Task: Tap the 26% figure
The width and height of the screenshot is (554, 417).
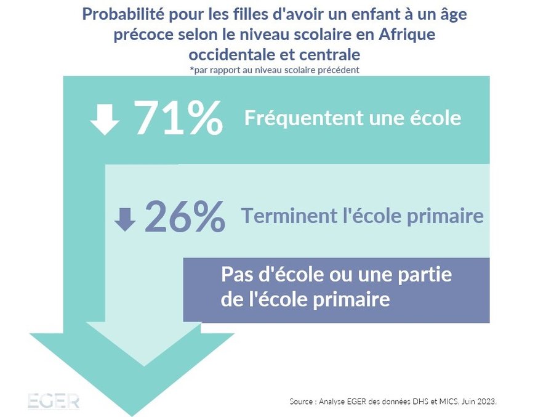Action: point(185,217)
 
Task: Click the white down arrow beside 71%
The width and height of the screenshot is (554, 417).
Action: point(105,119)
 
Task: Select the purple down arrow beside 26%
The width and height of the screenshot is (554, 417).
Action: point(125,219)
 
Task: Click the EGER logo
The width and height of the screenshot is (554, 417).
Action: point(54,401)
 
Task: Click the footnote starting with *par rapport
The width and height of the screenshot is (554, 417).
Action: point(275,70)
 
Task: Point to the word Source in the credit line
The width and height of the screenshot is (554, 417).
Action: point(302,401)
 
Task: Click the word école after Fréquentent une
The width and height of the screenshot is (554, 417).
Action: point(436,118)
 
